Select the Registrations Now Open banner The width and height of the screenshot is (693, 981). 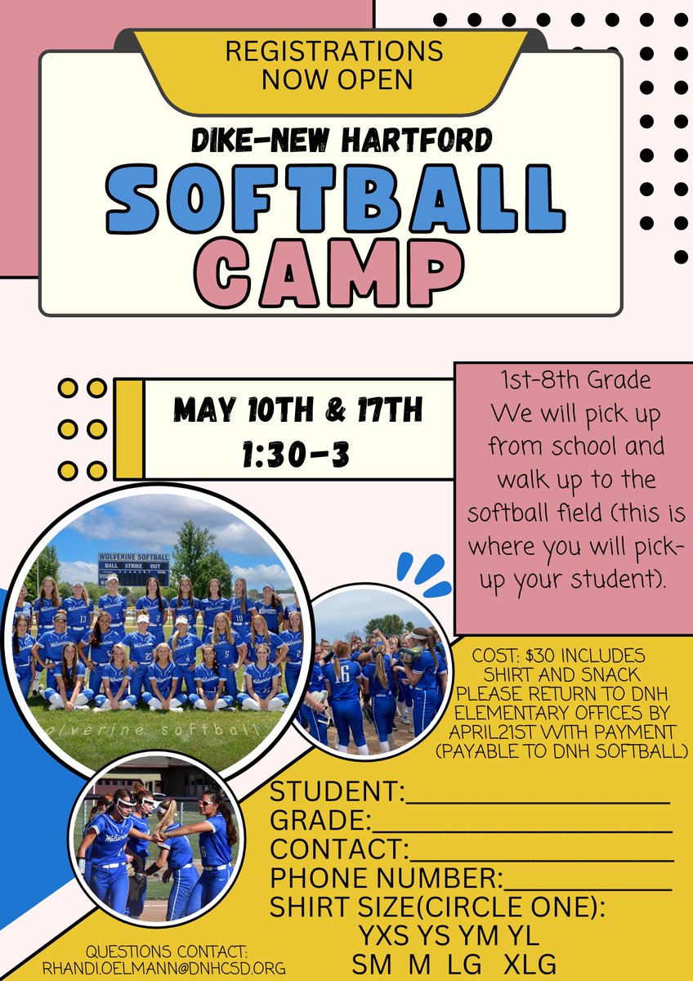[x=334, y=65]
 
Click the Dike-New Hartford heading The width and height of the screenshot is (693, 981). [x=342, y=141]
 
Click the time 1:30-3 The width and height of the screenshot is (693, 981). [x=296, y=455]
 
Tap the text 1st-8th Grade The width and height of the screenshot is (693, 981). [x=577, y=381]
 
